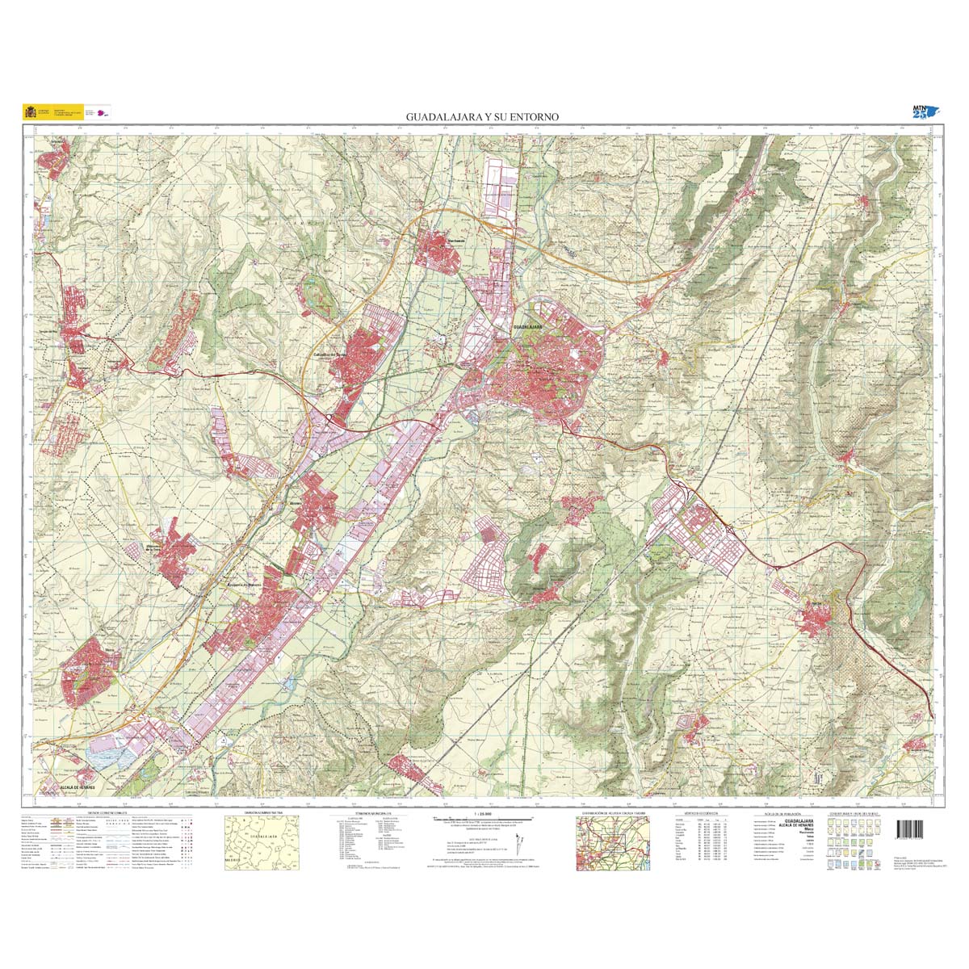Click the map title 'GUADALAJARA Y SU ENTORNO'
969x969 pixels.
click(482, 117)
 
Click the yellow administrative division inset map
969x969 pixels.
click(258, 839)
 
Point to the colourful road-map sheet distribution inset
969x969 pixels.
click(613, 840)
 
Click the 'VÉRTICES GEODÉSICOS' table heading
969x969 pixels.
click(699, 813)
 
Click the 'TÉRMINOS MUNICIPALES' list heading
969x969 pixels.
click(367, 813)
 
